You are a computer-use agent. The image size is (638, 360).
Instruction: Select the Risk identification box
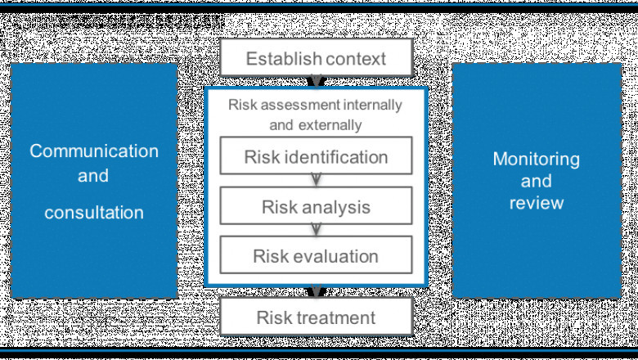click(x=316, y=156)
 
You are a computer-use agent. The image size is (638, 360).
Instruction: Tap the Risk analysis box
click(x=316, y=206)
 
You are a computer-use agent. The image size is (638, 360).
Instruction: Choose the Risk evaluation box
click(x=316, y=255)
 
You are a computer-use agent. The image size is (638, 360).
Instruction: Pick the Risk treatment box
click(x=316, y=317)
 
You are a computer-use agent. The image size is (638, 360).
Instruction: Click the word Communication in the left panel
click(x=94, y=151)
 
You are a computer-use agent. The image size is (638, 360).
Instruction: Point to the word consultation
click(x=94, y=213)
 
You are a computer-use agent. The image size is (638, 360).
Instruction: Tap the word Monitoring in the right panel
click(x=536, y=159)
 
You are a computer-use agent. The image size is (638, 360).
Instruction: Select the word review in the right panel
click(x=536, y=201)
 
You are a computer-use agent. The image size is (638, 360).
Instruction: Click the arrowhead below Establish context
click(x=316, y=82)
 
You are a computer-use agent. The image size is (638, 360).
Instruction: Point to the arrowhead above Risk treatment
click(x=316, y=291)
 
